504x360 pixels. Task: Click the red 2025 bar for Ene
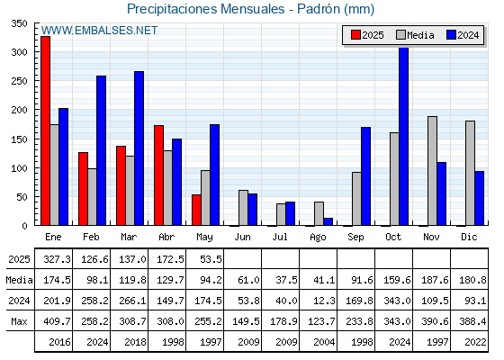45,130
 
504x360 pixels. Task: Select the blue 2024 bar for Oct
404,136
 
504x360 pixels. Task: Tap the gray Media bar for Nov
432,171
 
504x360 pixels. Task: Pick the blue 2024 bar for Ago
328,221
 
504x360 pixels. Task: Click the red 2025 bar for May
196,210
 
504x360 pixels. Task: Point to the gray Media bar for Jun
243,208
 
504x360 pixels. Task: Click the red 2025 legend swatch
355,35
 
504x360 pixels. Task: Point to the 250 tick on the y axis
19,81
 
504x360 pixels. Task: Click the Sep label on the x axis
355,237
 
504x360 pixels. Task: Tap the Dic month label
469,237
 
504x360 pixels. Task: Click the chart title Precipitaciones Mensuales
206,9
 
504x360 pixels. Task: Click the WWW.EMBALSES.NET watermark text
99,31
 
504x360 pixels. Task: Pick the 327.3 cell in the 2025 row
57,259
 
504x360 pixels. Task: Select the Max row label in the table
19,321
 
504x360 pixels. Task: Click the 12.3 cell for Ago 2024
324,301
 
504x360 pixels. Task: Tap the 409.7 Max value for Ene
57,321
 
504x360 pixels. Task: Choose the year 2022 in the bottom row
475,342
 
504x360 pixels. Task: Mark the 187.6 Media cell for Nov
435,280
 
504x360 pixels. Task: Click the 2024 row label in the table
19,301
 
